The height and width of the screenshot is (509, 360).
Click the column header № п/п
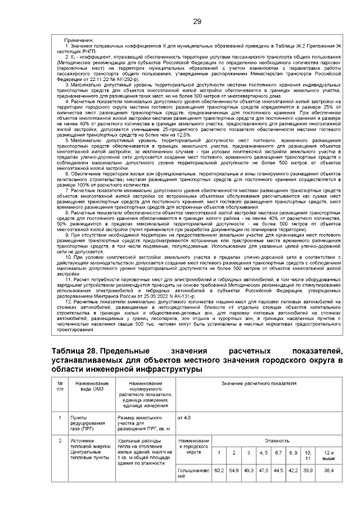coord(60,386)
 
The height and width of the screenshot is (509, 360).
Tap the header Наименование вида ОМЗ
coord(87,386)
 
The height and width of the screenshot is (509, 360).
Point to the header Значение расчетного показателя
coord(258,383)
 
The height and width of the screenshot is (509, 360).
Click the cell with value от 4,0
coord(184,418)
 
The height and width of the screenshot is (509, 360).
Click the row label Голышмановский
coord(193,472)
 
